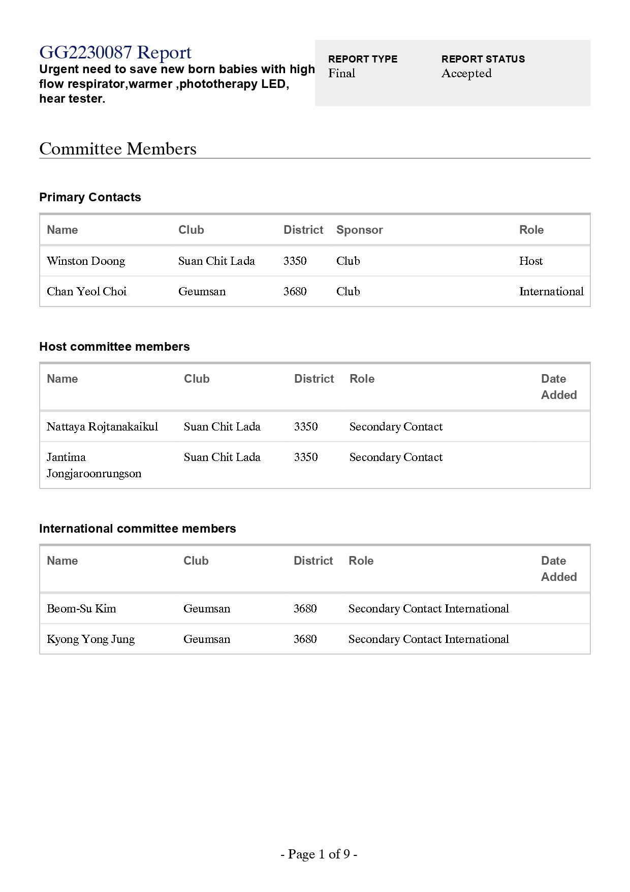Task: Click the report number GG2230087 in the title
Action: click(x=85, y=52)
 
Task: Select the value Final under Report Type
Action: click(x=341, y=73)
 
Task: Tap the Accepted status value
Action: click(x=466, y=73)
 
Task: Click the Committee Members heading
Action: click(x=117, y=149)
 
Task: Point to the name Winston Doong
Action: click(x=86, y=261)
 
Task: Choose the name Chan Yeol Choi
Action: click(x=86, y=291)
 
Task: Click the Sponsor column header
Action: click(x=359, y=230)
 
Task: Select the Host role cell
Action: click(x=530, y=261)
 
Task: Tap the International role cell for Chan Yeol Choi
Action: click(x=551, y=291)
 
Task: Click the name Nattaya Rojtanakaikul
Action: click(x=102, y=426)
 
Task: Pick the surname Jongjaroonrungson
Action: click(x=94, y=473)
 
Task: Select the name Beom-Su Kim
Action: click(x=81, y=608)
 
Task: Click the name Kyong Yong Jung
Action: click(x=90, y=639)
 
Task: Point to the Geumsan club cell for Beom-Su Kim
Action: click(x=206, y=608)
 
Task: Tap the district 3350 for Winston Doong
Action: click(x=295, y=261)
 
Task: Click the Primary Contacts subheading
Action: click(x=90, y=197)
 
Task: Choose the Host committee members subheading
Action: click(x=114, y=347)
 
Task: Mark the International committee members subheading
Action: click(x=137, y=529)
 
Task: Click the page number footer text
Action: click(x=319, y=854)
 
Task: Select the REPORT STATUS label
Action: click(x=483, y=59)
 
